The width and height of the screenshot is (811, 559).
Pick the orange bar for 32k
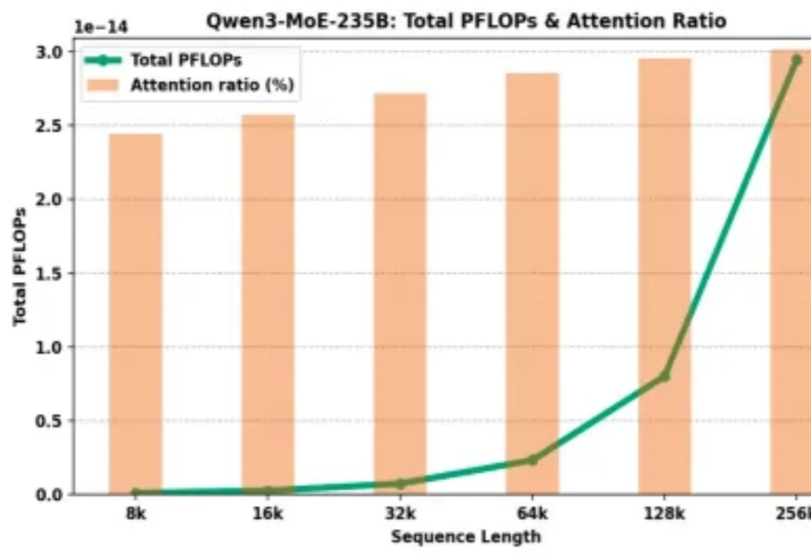coord(400,293)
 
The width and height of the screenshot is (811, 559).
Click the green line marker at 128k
coord(665,375)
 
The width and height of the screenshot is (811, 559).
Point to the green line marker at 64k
coord(532,459)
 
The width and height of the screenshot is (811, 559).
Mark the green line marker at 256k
coord(796,59)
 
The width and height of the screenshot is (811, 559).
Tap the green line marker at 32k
coord(400,484)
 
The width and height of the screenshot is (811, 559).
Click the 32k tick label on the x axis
coord(400,515)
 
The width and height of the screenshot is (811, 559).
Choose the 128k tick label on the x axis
coord(665,515)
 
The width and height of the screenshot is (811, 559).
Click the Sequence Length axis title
coord(466,536)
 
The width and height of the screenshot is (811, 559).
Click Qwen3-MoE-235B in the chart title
coord(293,20)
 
